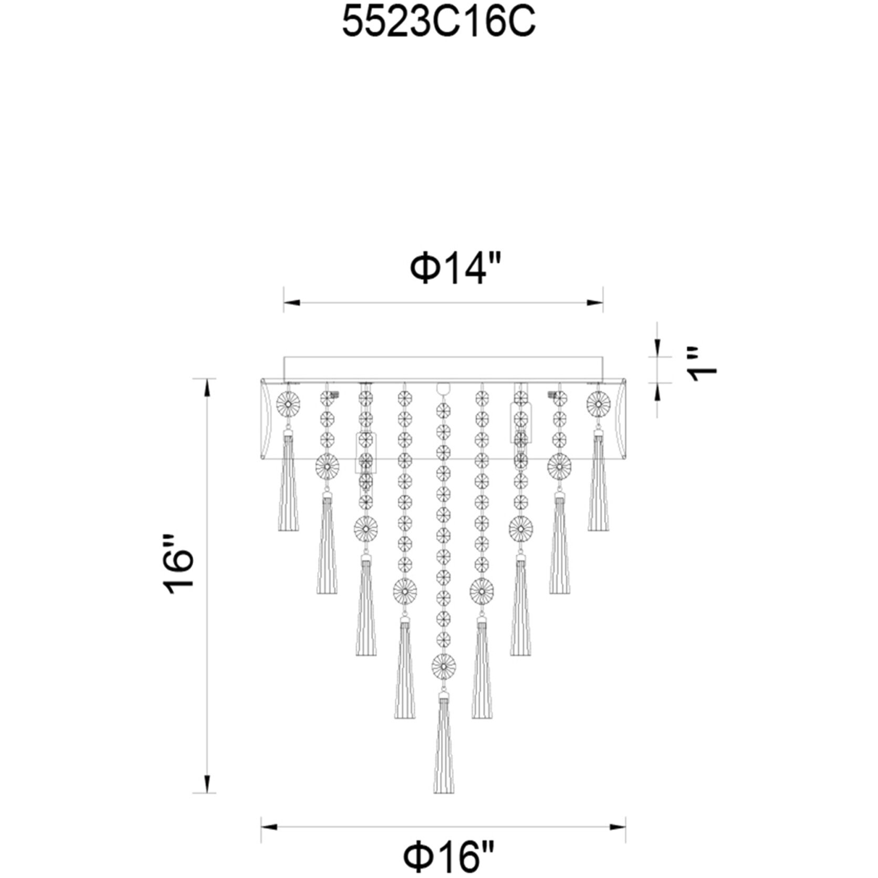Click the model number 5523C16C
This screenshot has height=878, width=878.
438,23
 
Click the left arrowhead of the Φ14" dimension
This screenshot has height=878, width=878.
291,302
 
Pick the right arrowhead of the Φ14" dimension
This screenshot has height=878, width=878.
595,302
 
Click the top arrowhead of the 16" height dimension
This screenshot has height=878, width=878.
208,387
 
